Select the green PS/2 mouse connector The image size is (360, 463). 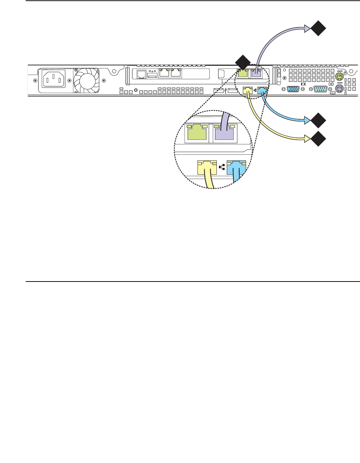coord(340,77)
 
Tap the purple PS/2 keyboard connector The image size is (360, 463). coord(340,89)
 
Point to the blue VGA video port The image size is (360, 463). coord(293,89)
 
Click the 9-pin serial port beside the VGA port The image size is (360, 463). coord(320,89)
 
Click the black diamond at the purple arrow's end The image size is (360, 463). coord(318,28)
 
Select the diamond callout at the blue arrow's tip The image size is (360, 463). coord(318,121)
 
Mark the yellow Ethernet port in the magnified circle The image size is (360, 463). coord(207,167)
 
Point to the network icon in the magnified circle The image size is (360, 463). coord(221,167)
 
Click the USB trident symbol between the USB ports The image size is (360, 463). coord(225,91)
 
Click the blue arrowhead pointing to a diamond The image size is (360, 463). coord(307,121)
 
